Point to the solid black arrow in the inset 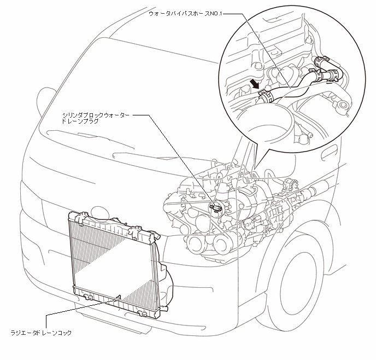(x=254, y=84)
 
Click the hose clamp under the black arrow (x=265, y=95)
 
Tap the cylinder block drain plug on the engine (x=216, y=207)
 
